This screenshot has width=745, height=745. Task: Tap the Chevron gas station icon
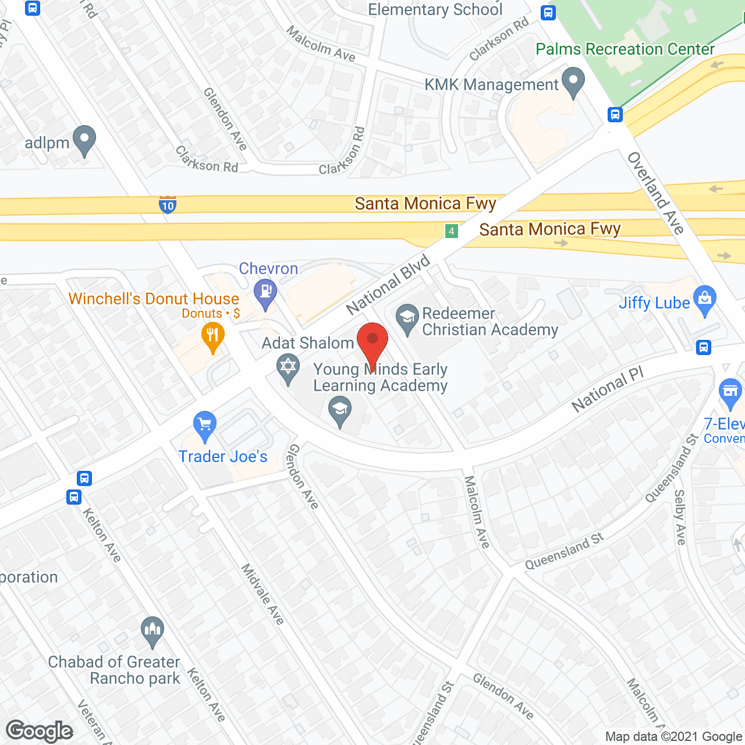265,292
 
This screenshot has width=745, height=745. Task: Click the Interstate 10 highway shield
168,205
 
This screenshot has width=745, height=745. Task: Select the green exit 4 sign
451,231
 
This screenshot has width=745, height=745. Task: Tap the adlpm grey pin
85,140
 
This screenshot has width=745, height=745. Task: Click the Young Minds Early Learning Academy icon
340,411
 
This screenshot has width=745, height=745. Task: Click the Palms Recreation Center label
625,49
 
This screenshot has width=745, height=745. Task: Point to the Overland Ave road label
656,193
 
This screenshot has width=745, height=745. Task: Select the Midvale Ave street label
262,594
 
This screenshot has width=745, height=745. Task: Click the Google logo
39,731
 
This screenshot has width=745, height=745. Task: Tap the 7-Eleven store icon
730,393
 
